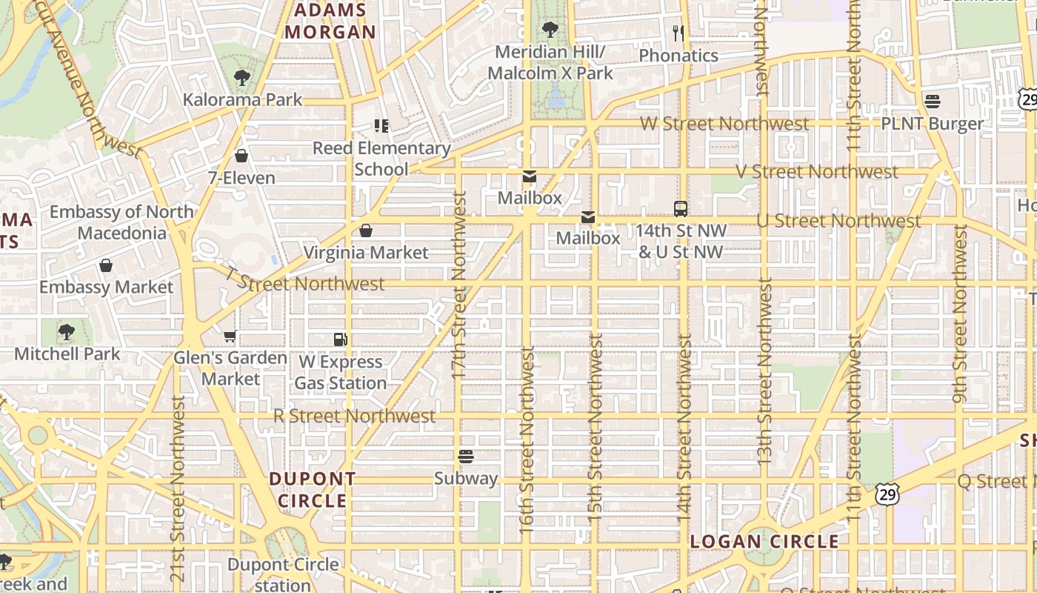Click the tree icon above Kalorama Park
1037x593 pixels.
click(241, 77)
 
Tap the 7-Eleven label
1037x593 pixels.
click(241, 178)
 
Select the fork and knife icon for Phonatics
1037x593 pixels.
click(678, 33)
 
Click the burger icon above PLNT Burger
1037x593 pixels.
click(932, 101)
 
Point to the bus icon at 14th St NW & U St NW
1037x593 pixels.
click(680, 208)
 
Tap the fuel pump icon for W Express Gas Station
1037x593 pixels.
click(341, 339)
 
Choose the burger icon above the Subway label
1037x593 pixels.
click(465, 456)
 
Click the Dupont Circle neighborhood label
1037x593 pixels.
click(313, 490)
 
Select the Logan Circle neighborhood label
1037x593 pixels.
click(764, 542)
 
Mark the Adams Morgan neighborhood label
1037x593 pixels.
click(330, 21)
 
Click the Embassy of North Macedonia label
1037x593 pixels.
click(121, 222)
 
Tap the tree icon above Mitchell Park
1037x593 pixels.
click(67, 331)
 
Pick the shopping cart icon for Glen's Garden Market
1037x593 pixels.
click(230, 336)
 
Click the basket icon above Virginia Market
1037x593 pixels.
click(365, 231)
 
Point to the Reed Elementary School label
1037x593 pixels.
click(381, 159)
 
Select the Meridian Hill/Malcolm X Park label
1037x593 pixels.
click(550, 62)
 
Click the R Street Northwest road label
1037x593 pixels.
click(354, 416)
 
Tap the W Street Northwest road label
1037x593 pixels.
click(724, 124)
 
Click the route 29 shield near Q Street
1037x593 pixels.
click(886, 494)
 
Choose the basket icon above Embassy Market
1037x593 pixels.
click(106, 265)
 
